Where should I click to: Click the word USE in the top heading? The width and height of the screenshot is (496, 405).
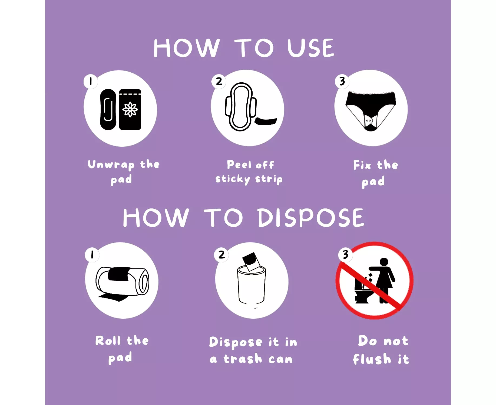pyautogui.click(x=311, y=48)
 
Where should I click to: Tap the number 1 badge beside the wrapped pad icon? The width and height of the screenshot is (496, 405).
pyautogui.click(x=91, y=81)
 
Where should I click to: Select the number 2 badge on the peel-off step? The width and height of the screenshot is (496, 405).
pyautogui.click(x=219, y=81)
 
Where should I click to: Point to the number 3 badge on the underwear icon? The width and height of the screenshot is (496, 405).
pyautogui.click(x=342, y=81)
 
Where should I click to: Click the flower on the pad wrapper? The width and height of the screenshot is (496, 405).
pyautogui.click(x=130, y=109)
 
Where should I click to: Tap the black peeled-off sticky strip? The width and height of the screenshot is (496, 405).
pyautogui.click(x=266, y=121)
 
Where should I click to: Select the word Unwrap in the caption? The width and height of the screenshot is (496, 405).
pyautogui.click(x=111, y=165)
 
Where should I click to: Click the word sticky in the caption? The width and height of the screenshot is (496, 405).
pyautogui.click(x=233, y=179)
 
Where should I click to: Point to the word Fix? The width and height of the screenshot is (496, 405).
pyautogui.click(x=362, y=165)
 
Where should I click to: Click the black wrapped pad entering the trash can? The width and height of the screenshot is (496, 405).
pyautogui.click(x=251, y=261)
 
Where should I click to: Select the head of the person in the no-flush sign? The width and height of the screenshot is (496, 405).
pyautogui.click(x=384, y=262)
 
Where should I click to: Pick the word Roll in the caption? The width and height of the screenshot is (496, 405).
pyautogui.click(x=108, y=340)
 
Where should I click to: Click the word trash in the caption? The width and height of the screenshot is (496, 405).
pyautogui.click(x=243, y=359)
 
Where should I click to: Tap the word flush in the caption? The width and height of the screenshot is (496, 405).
pyautogui.click(x=372, y=359)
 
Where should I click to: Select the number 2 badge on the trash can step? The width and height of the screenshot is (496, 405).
pyautogui.click(x=221, y=255)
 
